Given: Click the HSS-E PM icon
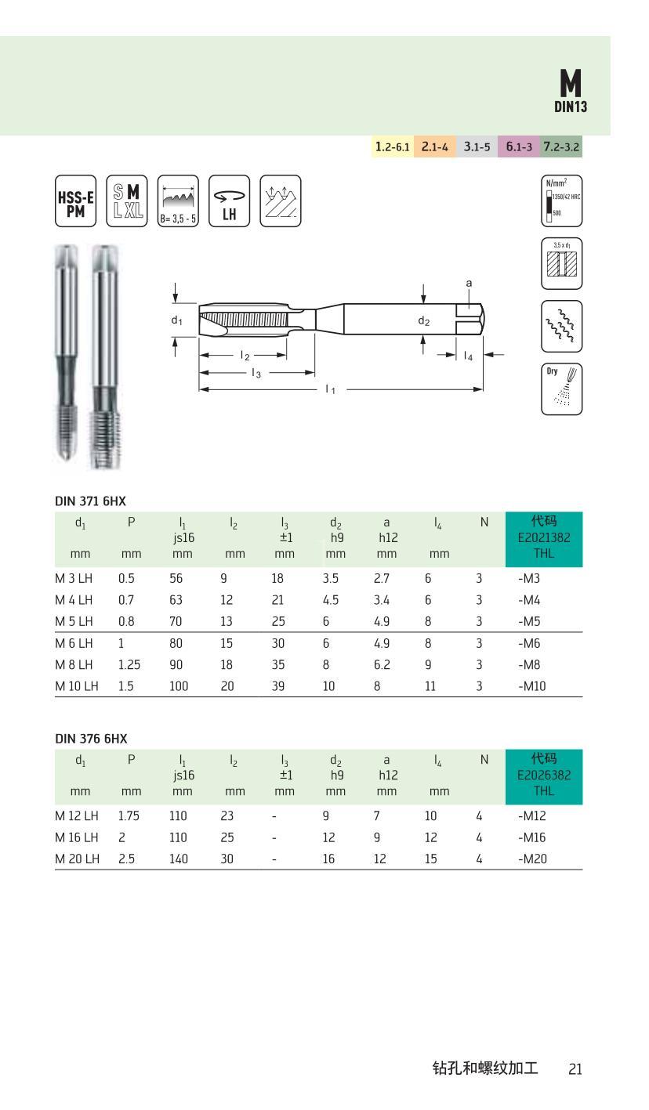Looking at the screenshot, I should click(x=75, y=201).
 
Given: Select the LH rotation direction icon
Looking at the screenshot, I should click(x=229, y=201).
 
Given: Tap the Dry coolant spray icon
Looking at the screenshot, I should click(x=561, y=389).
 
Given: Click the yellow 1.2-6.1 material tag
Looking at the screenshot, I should click(x=393, y=146).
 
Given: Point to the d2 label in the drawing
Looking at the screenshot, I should click(x=423, y=320).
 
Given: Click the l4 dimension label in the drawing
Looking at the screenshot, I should click(x=468, y=356).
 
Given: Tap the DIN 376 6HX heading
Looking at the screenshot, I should click(x=91, y=738).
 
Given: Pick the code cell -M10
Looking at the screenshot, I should click(x=532, y=685).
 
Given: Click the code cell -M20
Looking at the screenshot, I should click(x=532, y=859).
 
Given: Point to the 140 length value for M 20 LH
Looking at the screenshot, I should click(x=178, y=859).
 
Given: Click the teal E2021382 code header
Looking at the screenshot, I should click(x=544, y=540).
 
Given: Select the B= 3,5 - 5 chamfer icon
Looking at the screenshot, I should click(x=178, y=201).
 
